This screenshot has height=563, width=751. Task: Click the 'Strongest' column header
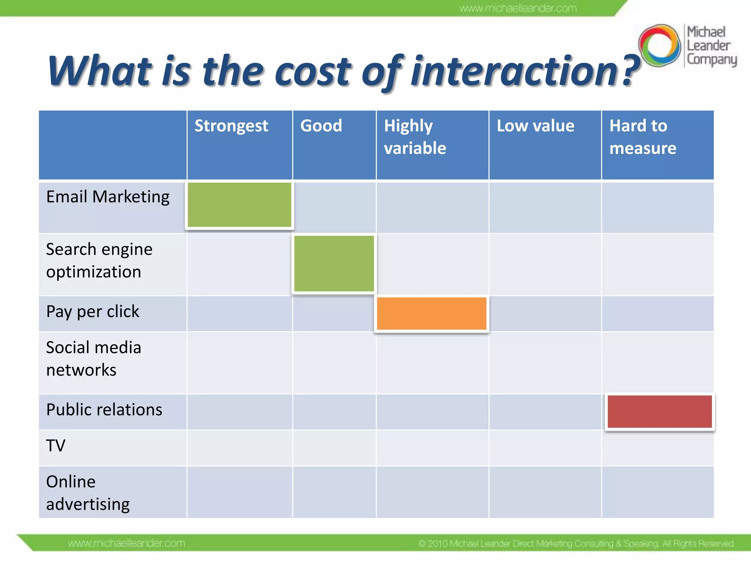[x=231, y=126]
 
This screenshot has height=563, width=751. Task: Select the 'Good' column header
[x=321, y=126]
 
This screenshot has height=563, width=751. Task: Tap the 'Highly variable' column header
[x=415, y=137]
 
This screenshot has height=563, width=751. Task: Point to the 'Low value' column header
[x=535, y=126]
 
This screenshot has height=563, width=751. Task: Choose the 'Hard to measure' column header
[x=642, y=137]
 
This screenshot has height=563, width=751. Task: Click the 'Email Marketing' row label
[x=108, y=197]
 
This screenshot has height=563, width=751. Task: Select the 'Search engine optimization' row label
[x=99, y=261]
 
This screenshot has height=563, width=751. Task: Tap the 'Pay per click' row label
[x=93, y=312]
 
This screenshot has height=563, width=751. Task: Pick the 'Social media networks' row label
[x=94, y=358]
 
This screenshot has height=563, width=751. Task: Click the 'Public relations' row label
[x=104, y=410]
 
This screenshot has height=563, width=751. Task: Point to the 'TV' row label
[x=56, y=446]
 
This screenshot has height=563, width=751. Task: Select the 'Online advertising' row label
[x=88, y=493]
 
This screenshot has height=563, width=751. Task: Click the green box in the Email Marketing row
[x=239, y=205]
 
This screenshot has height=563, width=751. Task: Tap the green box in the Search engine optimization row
[x=334, y=264]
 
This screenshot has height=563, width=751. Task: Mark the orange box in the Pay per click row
[x=432, y=314]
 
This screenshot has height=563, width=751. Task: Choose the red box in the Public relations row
[x=659, y=412]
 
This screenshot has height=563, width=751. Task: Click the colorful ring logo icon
[x=659, y=45]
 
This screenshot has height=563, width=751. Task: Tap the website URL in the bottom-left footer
[x=127, y=543]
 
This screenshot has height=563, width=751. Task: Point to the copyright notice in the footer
[x=576, y=544]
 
